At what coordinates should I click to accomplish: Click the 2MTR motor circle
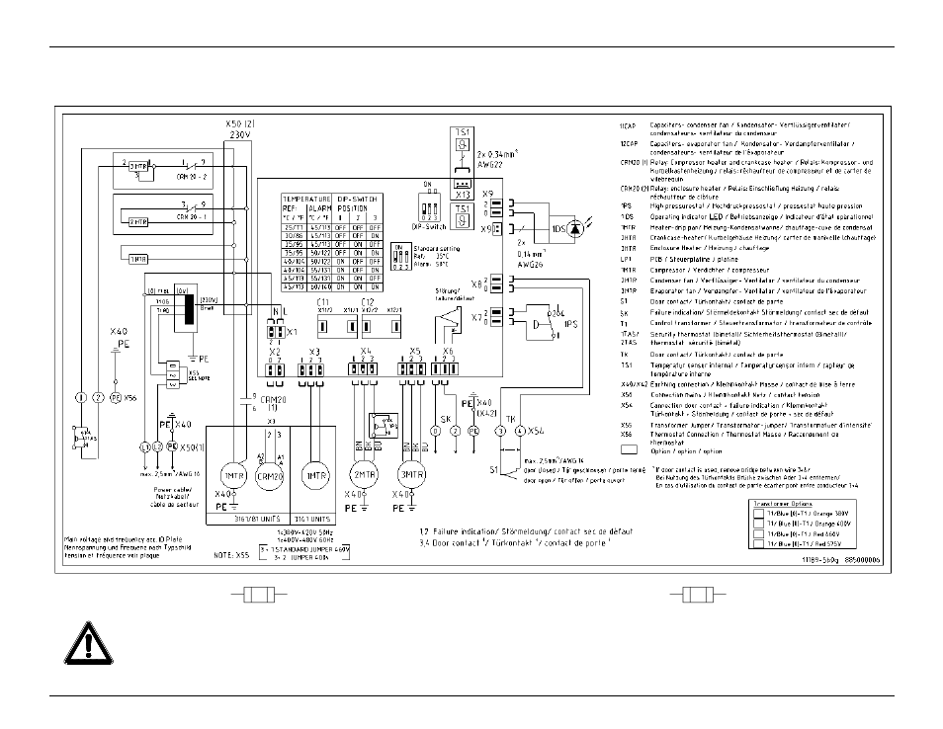365,472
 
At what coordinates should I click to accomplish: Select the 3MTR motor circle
411,472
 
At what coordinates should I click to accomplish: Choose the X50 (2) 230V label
241,131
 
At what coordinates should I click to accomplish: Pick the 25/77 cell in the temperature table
295,229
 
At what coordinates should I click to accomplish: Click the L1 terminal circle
146,447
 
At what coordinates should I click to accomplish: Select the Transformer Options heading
787,500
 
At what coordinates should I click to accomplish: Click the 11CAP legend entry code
629,125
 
